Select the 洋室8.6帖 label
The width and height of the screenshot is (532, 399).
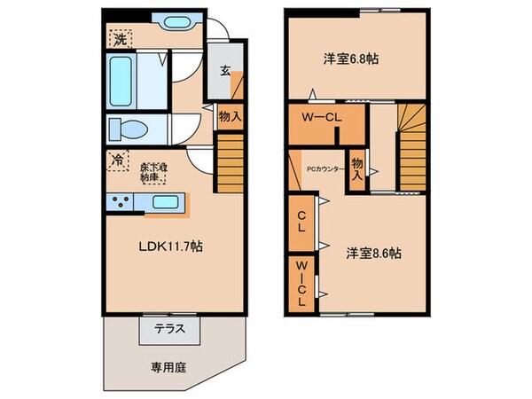pos(373,253)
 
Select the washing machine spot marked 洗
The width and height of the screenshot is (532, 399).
pos(119,39)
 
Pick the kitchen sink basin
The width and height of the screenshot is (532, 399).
pos(165,202)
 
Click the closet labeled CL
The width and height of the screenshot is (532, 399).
pos(301,221)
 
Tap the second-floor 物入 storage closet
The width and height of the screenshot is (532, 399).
pos(356,168)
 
